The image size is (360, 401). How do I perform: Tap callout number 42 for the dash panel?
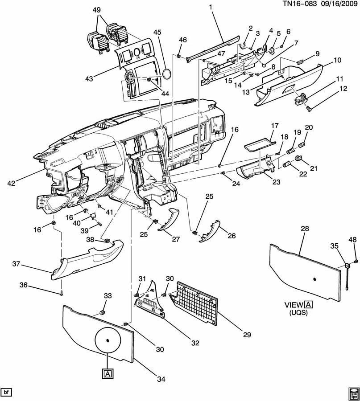[x=12, y=183]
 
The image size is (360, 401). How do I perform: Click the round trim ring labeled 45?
[x=167, y=74]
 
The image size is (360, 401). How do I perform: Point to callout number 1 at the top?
[x=211, y=8]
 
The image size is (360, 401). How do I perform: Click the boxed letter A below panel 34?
[x=108, y=374]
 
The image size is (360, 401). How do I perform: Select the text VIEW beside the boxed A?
[x=294, y=305]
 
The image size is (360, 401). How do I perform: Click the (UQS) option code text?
[x=298, y=312]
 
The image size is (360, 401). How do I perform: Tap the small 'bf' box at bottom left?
[x=6, y=392]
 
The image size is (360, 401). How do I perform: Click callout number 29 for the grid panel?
[x=247, y=335]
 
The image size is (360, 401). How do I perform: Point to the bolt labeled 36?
[x=62, y=293]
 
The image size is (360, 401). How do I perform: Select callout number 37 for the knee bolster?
[x=16, y=264]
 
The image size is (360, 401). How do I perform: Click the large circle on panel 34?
[x=108, y=340]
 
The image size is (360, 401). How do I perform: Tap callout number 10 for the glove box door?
[x=337, y=60]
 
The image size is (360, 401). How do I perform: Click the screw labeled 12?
[x=309, y=109]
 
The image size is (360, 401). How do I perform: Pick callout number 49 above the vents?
[x=96, y=10]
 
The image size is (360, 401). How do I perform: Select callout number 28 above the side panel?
[x=305, y=229]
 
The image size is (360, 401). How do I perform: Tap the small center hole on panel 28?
[x=314, y=279]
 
